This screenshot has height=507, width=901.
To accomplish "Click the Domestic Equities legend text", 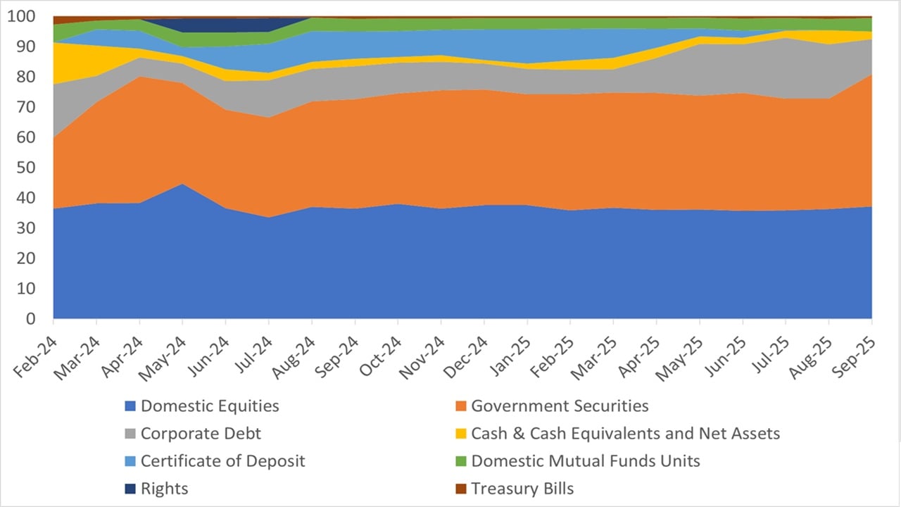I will tap(210, 406).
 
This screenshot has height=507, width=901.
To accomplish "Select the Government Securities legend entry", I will tap(560, 406).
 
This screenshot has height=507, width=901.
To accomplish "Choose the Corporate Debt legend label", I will tap(201, 434).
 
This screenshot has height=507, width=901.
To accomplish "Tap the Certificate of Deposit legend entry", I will tap(222, 461).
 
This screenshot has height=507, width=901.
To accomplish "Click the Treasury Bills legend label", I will tap(522, 489).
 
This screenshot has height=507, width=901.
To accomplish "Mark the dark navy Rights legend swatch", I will tap(130, 489).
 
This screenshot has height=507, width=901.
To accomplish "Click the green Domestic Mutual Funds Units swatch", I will tap(460, 461).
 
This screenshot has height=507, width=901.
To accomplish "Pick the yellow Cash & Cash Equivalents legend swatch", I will tap(460, 434).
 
